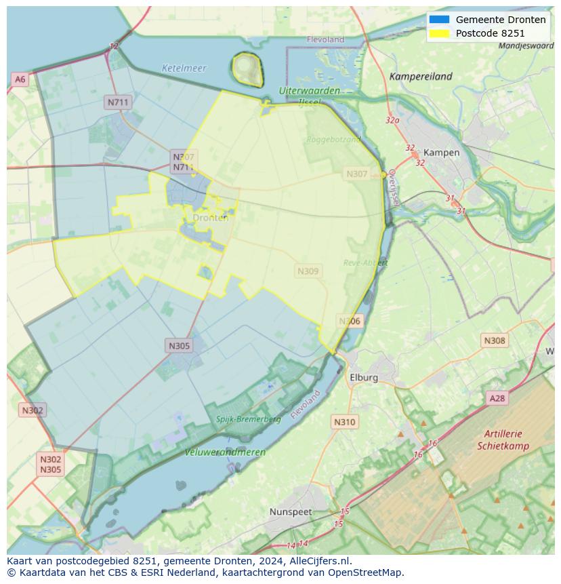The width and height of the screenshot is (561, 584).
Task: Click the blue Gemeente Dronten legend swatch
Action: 439,20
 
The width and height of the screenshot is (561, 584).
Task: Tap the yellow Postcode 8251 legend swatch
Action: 439,33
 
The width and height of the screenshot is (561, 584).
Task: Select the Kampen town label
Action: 441,153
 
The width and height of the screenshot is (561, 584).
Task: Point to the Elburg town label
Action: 364,378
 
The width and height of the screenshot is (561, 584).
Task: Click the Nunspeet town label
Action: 291,511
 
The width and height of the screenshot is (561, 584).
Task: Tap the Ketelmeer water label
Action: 184,69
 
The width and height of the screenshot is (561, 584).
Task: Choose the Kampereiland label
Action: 420,77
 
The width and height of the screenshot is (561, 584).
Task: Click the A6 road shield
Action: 20,79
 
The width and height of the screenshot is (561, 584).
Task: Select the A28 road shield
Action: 497,398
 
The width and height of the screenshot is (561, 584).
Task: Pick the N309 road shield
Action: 308,271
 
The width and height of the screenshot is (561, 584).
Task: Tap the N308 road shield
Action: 494,340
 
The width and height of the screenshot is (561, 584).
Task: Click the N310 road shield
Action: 344,422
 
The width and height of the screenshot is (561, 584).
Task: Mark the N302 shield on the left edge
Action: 33,410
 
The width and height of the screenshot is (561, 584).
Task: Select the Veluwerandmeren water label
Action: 225,452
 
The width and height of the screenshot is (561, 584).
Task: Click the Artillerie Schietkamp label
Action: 503,440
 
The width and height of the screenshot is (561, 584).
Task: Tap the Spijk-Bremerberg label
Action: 248,419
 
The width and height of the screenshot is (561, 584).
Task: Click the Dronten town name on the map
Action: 210,218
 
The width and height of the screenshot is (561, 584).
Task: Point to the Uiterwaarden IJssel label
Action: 309,90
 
